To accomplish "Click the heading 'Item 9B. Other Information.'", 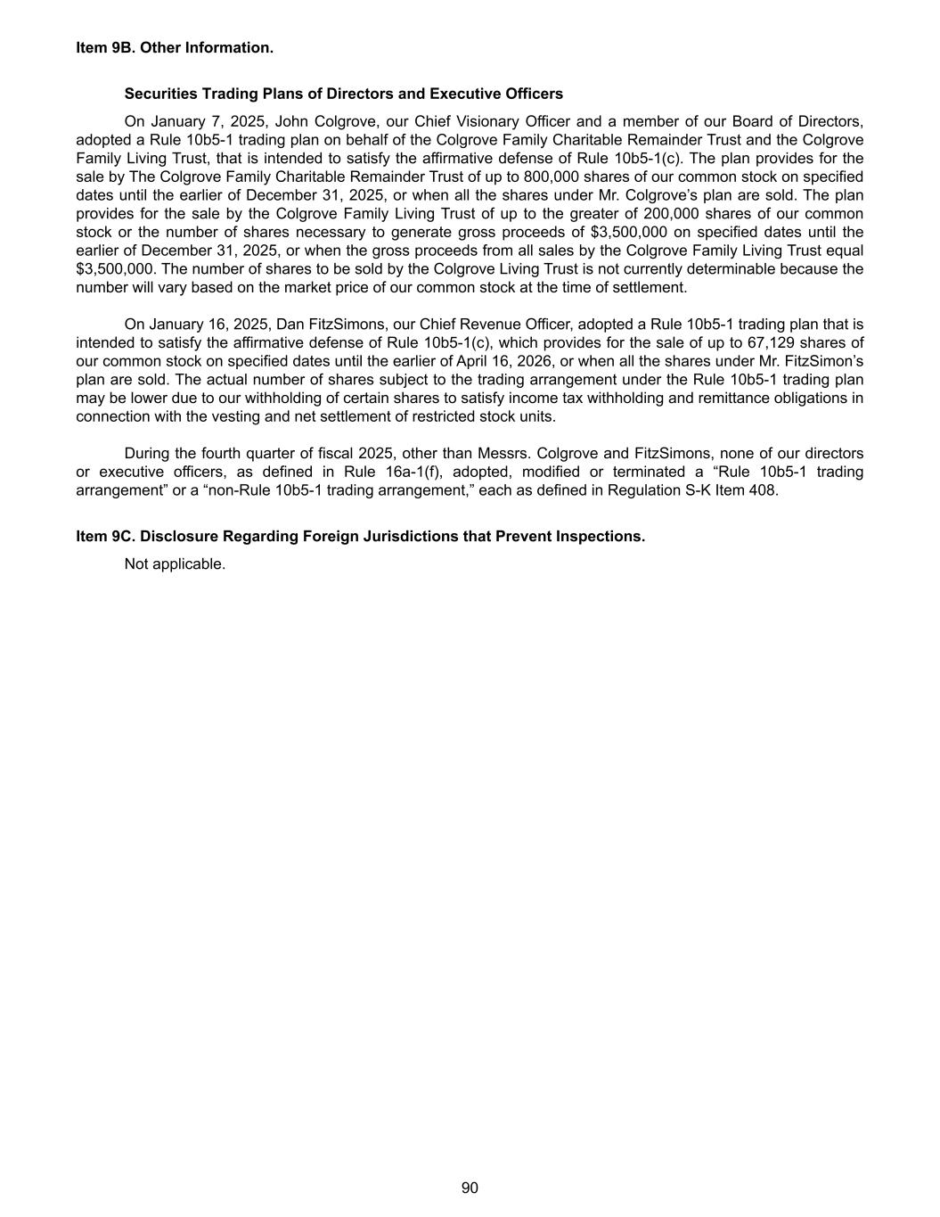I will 175,47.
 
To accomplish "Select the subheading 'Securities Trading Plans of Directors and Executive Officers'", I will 343,94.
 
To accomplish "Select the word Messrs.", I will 505,453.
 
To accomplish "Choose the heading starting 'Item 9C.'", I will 360,536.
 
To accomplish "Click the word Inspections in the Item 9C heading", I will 600,536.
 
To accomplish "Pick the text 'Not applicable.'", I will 175,563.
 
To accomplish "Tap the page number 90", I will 470,1188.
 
